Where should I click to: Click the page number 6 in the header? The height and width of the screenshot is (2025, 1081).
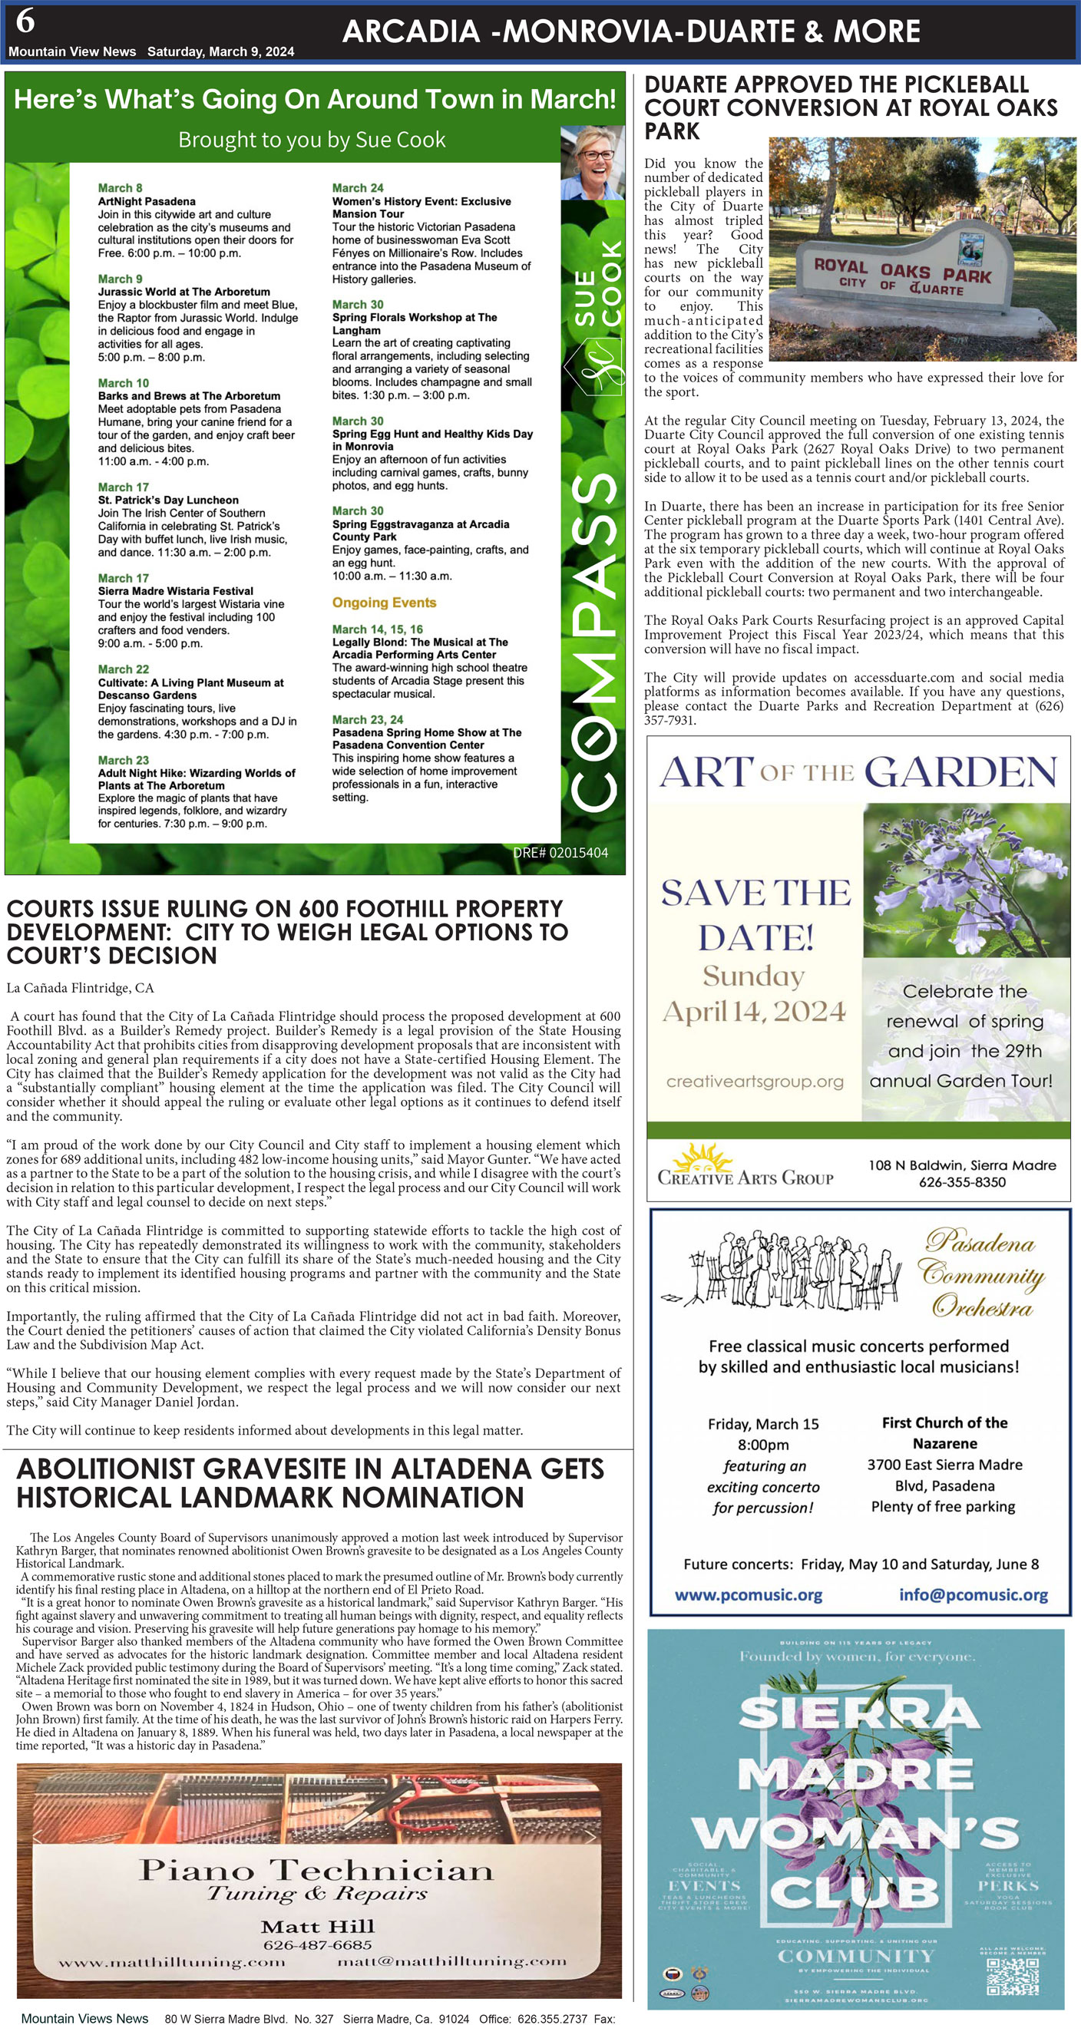(x=25, y=22)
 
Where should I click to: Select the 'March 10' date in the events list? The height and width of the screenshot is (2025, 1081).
(x=123, y=383)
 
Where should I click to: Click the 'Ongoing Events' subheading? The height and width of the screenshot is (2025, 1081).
(x=384, y=603)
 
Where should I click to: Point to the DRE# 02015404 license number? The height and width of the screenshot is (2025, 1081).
(x=560, y=853)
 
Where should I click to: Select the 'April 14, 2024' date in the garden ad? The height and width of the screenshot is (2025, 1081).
(x=755, y=1011)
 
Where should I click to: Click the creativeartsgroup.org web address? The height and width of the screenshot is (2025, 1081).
(x=755, y=1082)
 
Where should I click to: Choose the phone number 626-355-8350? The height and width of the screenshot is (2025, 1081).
(x=962, y=1181)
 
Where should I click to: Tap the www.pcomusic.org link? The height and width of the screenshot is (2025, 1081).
(x=749, y=1595)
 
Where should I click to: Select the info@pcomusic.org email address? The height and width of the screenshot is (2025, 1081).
(x=974, y=1595)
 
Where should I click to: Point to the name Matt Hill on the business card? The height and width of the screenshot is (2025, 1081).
(x=318, y=1927)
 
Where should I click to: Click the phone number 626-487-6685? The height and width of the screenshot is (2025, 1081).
(x=318, y=1945)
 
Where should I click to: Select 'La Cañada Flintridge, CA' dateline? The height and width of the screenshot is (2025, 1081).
(x=80, y=988)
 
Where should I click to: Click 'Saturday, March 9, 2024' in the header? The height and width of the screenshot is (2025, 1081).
(x=220, y=52)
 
